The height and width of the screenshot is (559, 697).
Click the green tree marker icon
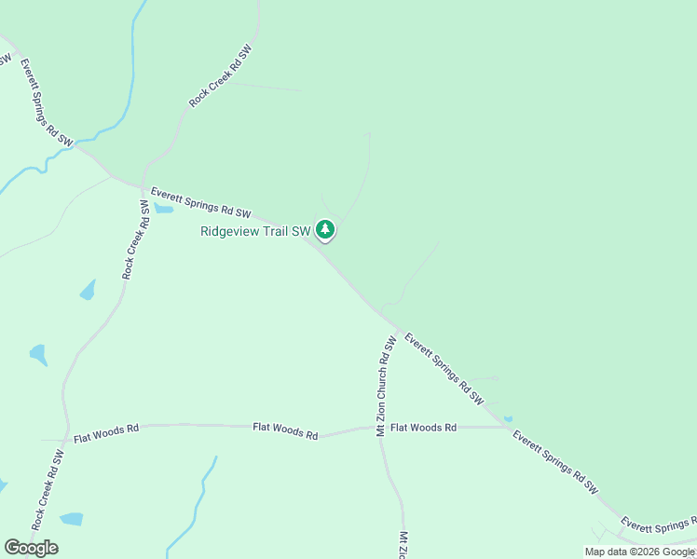coord(324,229)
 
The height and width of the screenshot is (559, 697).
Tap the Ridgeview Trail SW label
coord(254,232)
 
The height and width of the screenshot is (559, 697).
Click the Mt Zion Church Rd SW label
coord(386,386)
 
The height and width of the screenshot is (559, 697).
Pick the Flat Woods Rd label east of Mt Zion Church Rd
coord(423,428)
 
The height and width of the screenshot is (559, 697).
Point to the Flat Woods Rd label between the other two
coord(285,431)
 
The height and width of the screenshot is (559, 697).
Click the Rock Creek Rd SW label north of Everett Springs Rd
coord(221,75)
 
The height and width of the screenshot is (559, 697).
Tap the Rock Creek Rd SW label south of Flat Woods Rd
coord(47,490)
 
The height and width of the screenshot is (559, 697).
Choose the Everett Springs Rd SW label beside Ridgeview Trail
coord(201,200)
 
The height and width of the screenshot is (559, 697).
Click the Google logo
coord(31,547)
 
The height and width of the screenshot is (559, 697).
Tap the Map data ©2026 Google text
coord(639,552)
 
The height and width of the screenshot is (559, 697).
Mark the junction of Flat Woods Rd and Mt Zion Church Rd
coord(377,429)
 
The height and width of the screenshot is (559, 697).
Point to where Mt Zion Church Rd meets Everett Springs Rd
coord(399,331)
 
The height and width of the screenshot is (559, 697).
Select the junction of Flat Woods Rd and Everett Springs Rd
coord(509,428)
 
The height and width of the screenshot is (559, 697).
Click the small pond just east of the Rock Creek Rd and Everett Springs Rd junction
coord(163,209)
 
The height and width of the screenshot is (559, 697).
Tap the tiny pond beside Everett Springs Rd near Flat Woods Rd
coord(507,418)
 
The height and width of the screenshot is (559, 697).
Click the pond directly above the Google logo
coord(71,518)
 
